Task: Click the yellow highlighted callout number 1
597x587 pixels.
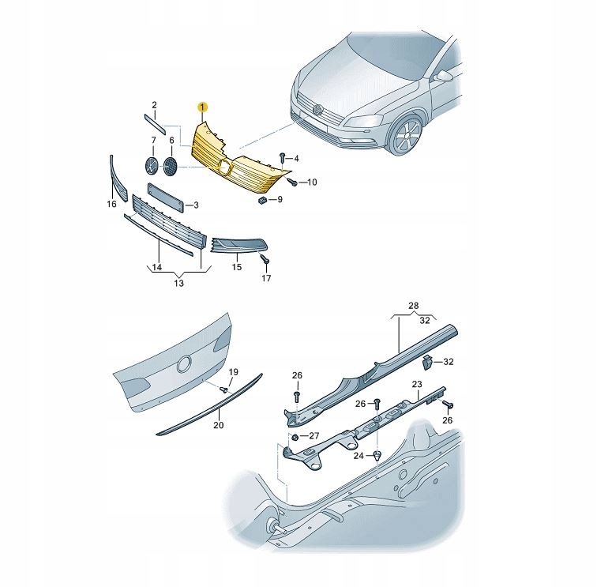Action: (202, 107)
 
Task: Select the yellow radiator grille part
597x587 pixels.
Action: (237, 166)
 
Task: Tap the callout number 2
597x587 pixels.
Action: (155, 105)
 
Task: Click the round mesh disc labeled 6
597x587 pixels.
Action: (170, 167)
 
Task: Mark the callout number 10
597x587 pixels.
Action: (312, 182)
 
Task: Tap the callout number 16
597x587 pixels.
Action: (111, 205)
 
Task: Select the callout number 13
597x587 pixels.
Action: (179, 283)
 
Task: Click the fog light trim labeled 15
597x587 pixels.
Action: (242, 247)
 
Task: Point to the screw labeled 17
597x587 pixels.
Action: (267, 260)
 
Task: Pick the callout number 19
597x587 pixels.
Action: (233, 371)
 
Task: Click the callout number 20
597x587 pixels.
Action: (219, 425)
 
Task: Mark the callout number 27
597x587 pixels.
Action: (314, 435)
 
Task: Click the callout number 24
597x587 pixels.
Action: (359, 456)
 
